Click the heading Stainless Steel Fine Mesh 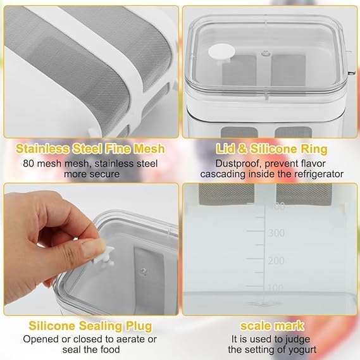pos(90,149)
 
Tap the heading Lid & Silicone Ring pos(271,149)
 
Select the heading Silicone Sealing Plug pos(90,326)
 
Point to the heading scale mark pos(272,326)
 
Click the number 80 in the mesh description pos(28,164)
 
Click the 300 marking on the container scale pos(276,233)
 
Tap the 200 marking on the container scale pos(276,261)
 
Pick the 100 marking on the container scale pos(275,287)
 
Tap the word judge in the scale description pos(297,339)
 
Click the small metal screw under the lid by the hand pos(144,271)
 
